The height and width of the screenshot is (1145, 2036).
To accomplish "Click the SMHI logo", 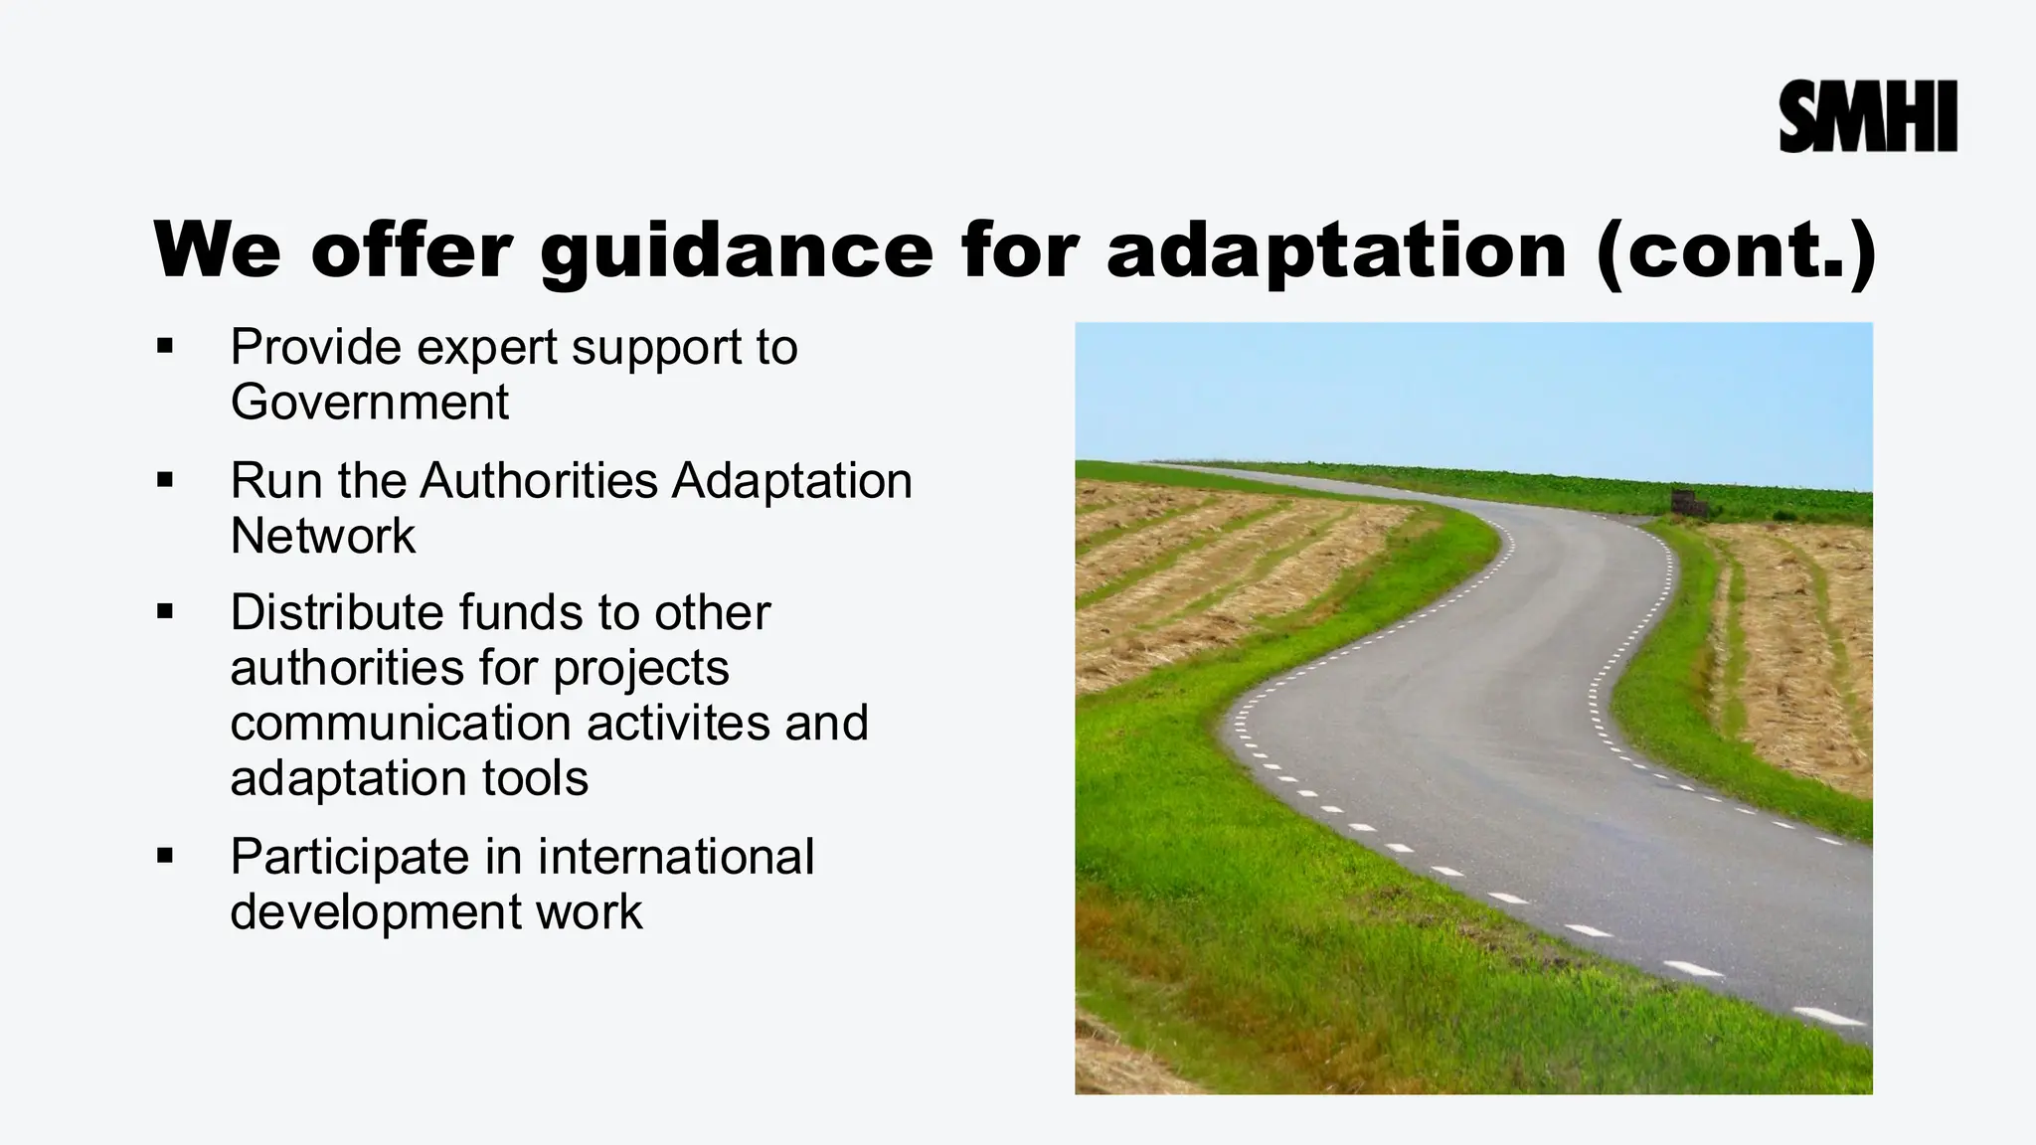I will (1867, 117).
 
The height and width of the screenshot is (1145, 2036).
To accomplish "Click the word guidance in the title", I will (737, 250).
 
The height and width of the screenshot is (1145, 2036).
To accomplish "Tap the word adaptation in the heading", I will (1336, 250).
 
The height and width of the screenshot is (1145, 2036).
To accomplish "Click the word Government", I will (369, 403).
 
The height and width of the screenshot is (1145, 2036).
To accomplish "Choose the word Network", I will (322, 537).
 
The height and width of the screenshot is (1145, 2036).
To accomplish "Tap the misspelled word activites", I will (678, 723).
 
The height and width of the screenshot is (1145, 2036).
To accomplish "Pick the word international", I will (676, 857).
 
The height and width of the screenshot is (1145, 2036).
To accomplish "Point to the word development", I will (376, 912).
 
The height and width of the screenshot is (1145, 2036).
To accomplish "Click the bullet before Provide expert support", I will (165, 347).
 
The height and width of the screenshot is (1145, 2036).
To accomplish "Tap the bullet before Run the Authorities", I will (165, 481).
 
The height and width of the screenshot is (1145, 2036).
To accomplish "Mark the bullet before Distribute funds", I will (165, 612).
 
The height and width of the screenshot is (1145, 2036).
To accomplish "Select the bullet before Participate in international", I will (165, 857).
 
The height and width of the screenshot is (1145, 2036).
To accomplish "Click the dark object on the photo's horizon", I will (1688, 503).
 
